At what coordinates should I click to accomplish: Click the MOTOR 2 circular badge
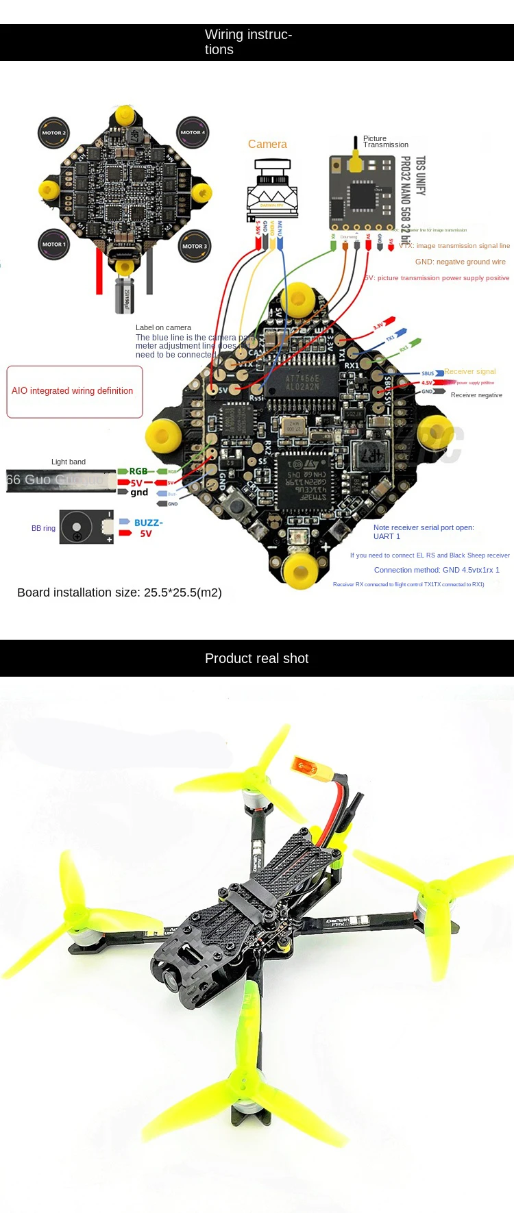53,133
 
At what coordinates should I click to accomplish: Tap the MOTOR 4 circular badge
192,132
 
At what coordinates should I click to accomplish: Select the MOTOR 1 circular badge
53,244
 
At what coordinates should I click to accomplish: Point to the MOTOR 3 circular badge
193,246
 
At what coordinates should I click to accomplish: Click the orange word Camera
267,145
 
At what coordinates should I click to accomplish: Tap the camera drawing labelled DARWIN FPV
272,188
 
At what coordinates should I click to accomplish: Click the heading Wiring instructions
248,42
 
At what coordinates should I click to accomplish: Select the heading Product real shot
256,658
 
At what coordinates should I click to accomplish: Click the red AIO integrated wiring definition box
75,391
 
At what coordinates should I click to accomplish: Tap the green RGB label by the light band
138,471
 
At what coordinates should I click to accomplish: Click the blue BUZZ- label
148,523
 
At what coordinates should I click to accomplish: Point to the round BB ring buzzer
77,527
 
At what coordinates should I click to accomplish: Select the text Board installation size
119,592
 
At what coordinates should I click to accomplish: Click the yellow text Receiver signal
469,371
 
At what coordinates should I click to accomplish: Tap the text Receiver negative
476,395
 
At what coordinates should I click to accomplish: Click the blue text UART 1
387,536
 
